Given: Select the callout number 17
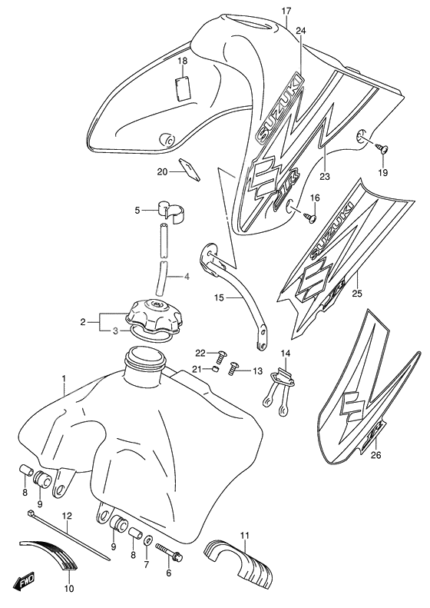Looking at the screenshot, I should (x=286, y=11).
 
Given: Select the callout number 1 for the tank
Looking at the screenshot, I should (x=64, y=379).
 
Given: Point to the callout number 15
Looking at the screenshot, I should (x=217, y=297).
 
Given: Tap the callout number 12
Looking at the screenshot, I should (x=67, y=517).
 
